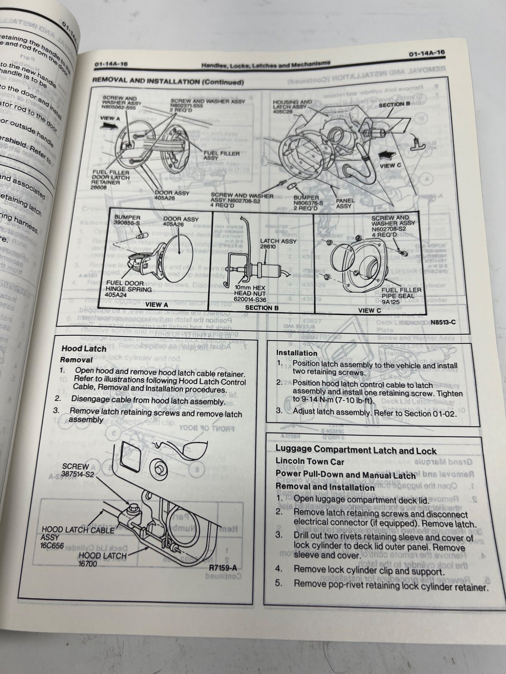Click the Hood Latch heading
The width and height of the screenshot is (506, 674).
84,349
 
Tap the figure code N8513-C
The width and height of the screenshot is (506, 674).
443,322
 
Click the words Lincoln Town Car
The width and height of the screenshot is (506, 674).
310,462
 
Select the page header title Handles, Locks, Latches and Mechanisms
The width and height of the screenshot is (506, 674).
266,64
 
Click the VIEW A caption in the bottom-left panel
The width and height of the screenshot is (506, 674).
157,305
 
